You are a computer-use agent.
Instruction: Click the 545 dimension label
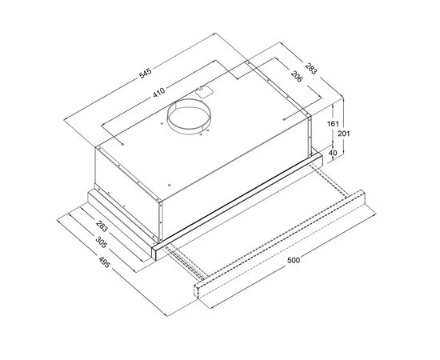point(146,74)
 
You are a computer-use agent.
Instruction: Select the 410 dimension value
point(159,93)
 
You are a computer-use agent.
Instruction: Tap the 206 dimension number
point(297,76)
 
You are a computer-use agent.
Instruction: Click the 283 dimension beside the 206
point(311,69)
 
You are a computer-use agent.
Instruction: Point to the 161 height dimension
point(333,123)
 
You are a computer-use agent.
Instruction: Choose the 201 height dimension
point(344,134)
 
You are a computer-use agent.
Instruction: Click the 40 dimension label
point(333,153)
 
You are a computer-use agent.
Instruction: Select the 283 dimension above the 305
point(102,226)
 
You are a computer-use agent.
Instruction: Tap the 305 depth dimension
point(102,242)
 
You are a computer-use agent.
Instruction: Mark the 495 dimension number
point(104,262)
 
